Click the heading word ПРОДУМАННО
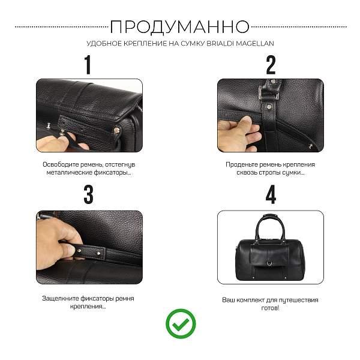pyautogui.click(x=180, y=26)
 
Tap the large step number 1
pyautogui.click(x=88, y=64)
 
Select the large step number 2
pyautogui.click(x=271, y=64)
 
